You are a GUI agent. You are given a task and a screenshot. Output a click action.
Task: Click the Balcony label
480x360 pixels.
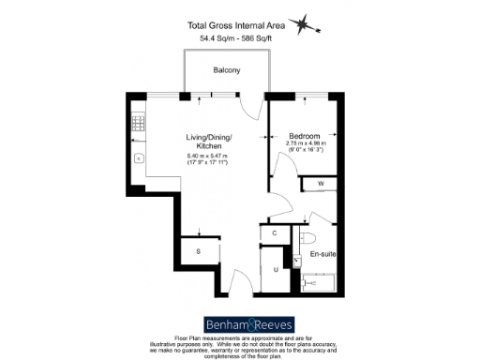226,70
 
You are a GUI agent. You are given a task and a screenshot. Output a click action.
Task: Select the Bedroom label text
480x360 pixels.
304,135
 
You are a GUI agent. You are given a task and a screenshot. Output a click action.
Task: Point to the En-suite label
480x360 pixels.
322,253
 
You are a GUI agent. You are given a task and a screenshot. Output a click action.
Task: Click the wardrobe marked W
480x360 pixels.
320,184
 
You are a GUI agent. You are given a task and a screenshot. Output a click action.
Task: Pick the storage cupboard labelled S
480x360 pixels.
199,251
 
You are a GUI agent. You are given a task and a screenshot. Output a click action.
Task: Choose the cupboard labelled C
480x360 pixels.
274,232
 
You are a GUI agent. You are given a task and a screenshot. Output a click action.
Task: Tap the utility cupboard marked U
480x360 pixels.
276,269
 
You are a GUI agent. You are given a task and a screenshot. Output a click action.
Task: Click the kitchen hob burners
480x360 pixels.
137,122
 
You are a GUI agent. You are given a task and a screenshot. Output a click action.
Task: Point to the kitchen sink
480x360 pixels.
137,159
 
